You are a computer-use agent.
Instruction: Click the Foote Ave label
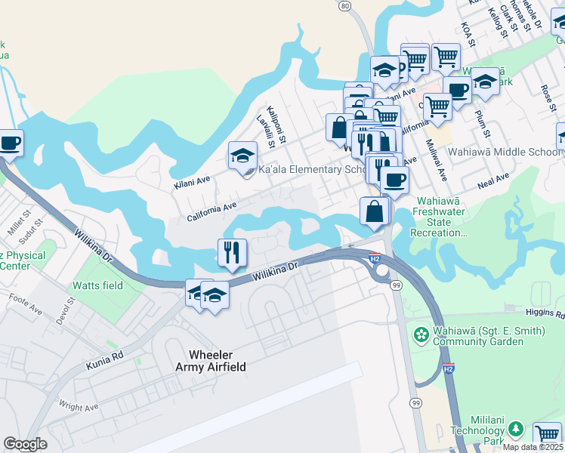tap(26, 309)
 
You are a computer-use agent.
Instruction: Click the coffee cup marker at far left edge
tap(9, 142)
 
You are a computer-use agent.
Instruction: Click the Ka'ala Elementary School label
tap(313, 169)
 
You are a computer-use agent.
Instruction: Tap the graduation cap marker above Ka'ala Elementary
tap(242, 156)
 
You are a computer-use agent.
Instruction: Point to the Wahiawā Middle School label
tap(505, 152)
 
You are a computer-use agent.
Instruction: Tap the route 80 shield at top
tap(345, 6)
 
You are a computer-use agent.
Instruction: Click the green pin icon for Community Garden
tap(421, 333)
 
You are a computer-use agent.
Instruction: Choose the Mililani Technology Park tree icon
tap(517, 430)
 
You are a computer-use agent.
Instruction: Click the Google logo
tap(25, 443)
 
